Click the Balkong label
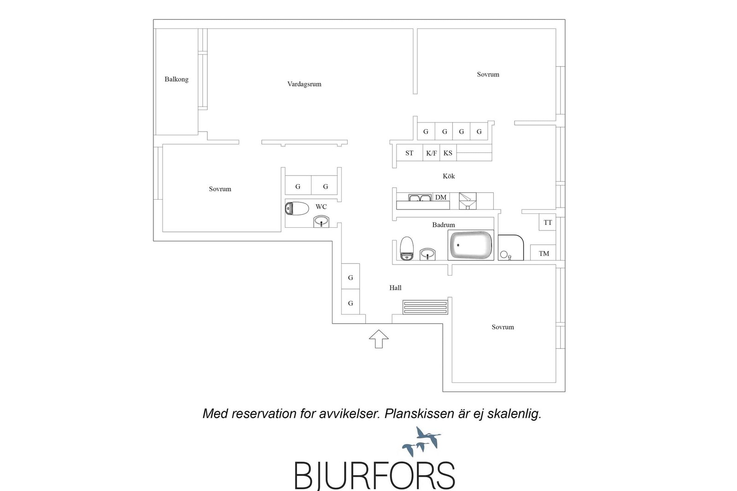pyautogui.click(x=176, y=79)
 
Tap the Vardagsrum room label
pyautogui.click(x=304, y=84)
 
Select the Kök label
pyautogui.click(x=449, y=176)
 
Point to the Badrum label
pyautogui.click(x=444, y=225)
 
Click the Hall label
pyautogui.click(x=395, y=288)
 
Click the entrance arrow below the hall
pyautogui.click(x=379, y=339)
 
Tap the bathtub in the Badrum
pyautogui.click(x=471, y=245)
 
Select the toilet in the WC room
pyautogui.click(x=297, y=208)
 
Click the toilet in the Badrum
pyautogui.click(x=407, y=248)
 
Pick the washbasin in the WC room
pyautogui.click(x=321, y=221)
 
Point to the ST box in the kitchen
pyautogui.click(x=409, y=153)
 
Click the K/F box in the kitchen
pyautogui.click(x=431, y=153)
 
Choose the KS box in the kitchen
pyautogui.click(x=448, y=153)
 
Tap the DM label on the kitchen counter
pyautogui.click(x=441, y=197)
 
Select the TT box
pyautogui.click(x=548, y=222)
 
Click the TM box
pyautogui.click(x=543, y=253)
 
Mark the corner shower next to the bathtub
pyautogui.click(x=511, y=248)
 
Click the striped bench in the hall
pyautogui.click(x=425, y=307)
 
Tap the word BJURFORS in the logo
pyautogui.click(x=374, y=475)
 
